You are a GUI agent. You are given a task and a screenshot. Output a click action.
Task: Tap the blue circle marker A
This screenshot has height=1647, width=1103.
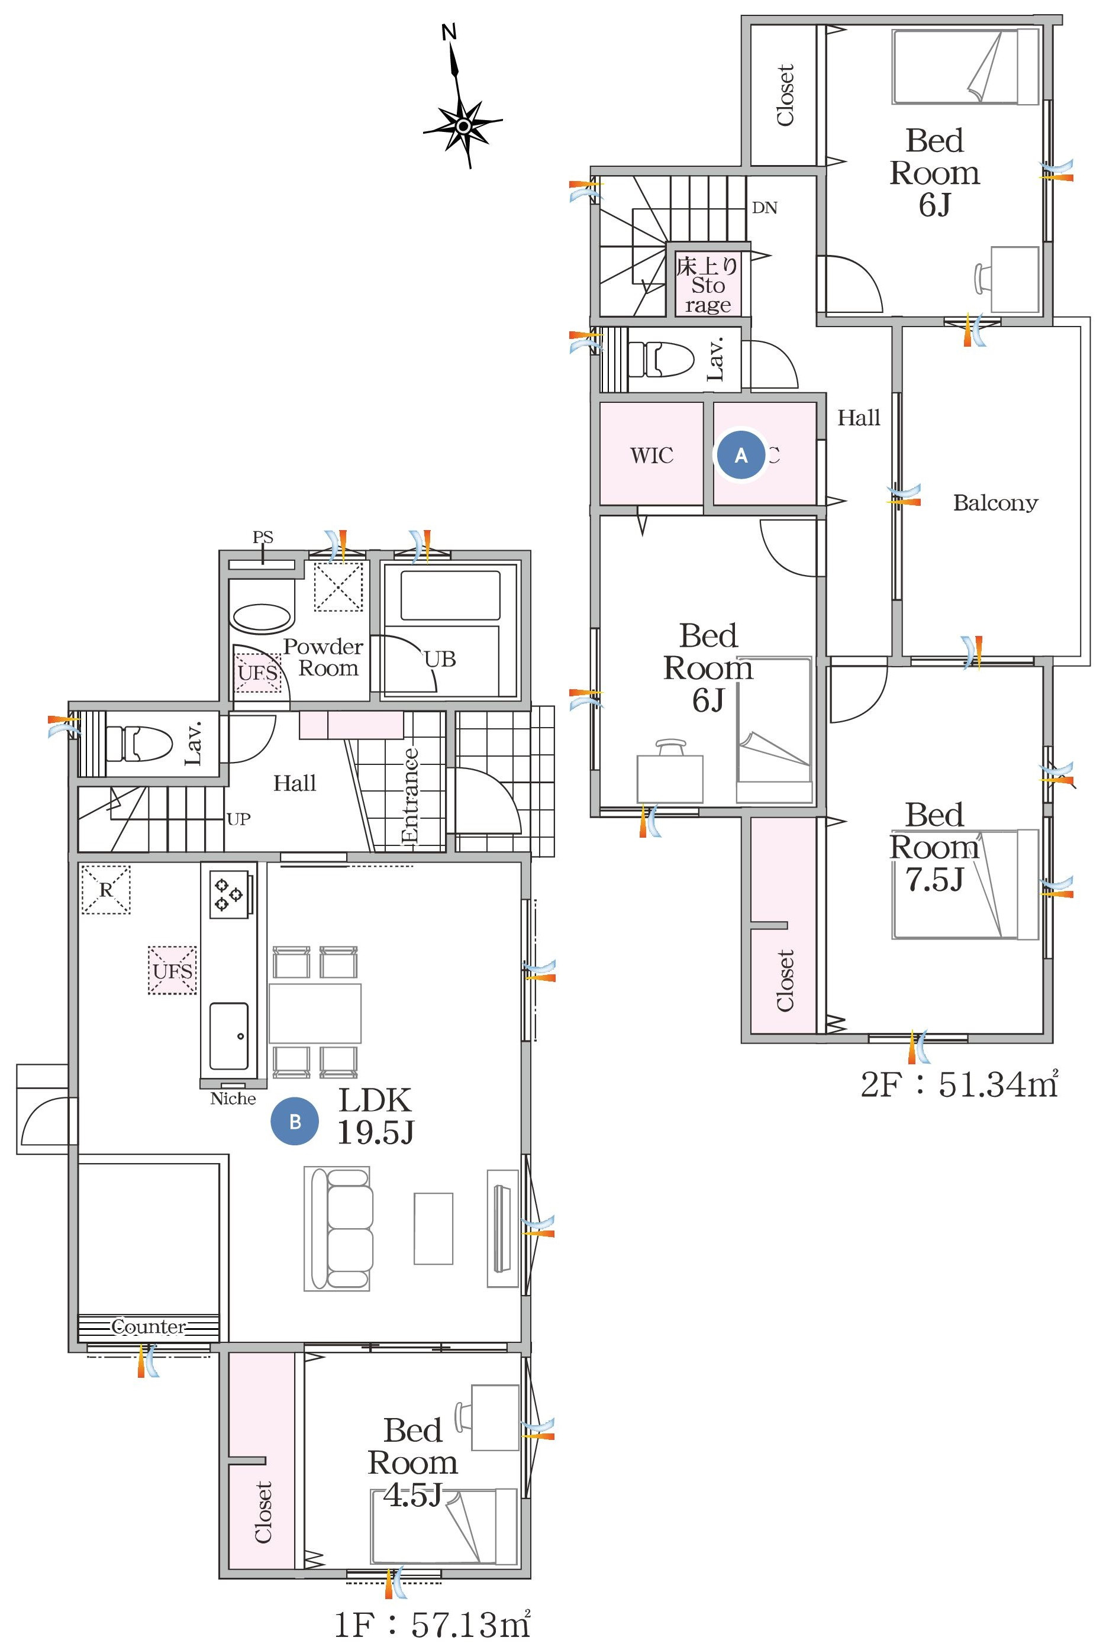click(x=741, y=456)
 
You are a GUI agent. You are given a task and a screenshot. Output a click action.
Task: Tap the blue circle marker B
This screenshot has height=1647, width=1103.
click(x=295, y=1121)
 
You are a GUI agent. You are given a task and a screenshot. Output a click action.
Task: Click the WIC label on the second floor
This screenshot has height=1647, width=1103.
click(x=652, y=456)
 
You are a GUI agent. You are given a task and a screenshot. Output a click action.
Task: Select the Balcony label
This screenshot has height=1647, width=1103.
click(x=995, y=503)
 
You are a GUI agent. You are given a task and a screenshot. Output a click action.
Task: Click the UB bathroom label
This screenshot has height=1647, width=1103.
click(x=440, y=659)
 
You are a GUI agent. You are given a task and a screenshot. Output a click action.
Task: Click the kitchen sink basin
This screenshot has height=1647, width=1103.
click(x=228, y=1036)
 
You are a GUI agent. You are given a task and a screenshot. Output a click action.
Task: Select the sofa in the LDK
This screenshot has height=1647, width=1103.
click(x=339, y=1229)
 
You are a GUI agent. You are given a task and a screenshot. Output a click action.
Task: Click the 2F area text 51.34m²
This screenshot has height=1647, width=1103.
click(x=959, y=1084)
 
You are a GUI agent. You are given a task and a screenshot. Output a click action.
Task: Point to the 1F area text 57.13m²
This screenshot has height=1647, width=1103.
click(x=432, y=1625)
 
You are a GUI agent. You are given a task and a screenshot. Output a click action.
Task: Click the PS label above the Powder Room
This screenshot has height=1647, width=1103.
click(x=262, y=537)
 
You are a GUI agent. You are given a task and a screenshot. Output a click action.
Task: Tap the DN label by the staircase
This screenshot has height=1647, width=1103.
click(x=765, y=208)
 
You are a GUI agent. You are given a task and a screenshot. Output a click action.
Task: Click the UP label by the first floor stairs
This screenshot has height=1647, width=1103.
click(x=238, y=819)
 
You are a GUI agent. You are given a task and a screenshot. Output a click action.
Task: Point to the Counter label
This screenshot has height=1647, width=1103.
click(x=149, y=1327)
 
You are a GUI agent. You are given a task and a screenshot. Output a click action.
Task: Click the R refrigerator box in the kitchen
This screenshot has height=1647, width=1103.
click(x=105, y=890)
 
